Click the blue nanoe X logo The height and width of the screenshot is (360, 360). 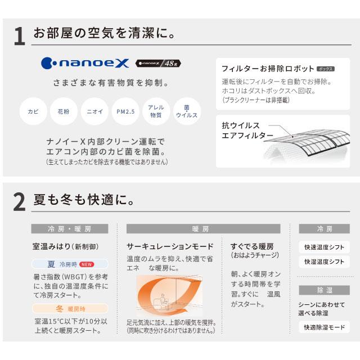(x=85, y=64)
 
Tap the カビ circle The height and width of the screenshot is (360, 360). (x=33, y=111)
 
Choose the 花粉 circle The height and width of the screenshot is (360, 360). (x=64, y=111)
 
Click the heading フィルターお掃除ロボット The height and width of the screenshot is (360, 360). (x=268, y=69)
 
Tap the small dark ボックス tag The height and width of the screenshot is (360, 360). (x=326, y=69)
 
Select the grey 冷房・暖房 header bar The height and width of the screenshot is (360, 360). (x=69, y=229)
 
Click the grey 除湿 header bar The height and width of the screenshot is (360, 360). (x=325, y=290)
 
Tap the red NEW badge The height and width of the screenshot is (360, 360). (x=87, y=264)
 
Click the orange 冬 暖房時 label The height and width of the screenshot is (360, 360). (x=69, y=308)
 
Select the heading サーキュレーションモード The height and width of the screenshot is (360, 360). (x=170, y=246)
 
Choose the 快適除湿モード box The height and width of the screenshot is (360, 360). (x=325, y=327)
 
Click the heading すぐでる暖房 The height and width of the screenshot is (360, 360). (x=252, y=246)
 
